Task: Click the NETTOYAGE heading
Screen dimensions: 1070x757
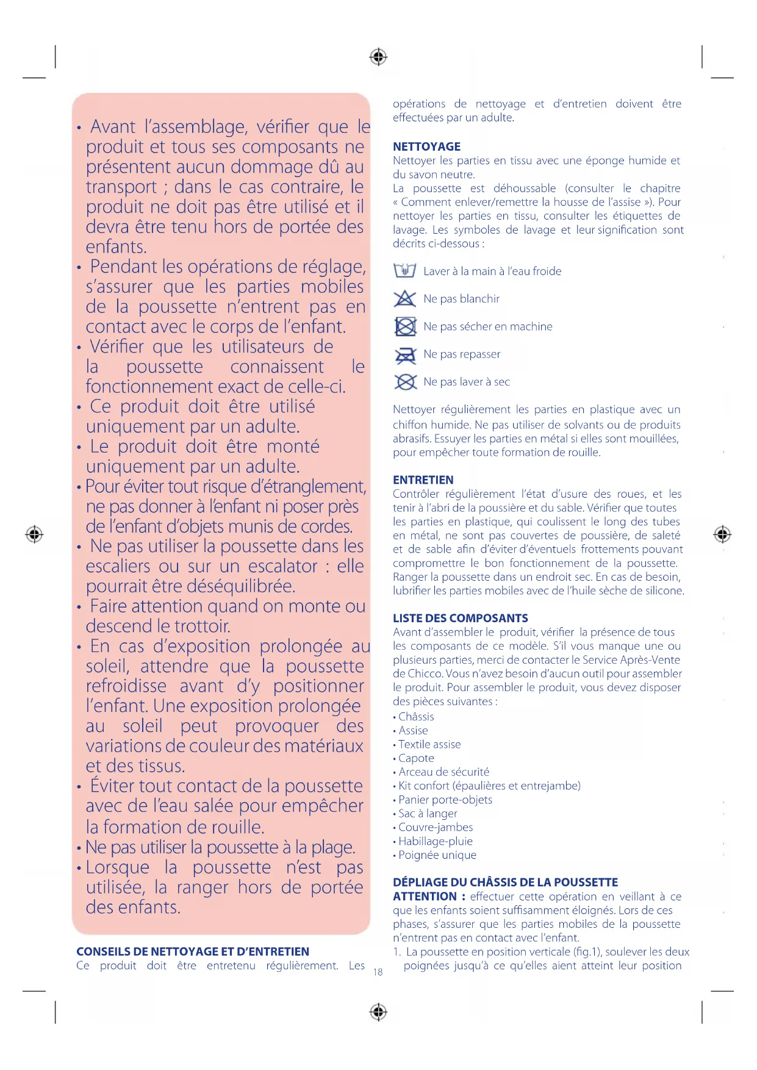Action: [x=426, y=146]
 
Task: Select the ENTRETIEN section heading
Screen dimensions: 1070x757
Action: [x=423, y=479]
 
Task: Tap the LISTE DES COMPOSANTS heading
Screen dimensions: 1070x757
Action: [x=460, y=618]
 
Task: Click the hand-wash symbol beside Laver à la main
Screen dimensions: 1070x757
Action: [x=404, y=270]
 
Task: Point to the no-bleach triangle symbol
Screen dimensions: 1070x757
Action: [x=404, y=298]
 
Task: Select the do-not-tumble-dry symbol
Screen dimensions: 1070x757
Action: [x=404, y=326]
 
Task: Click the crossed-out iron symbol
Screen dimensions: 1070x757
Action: [x=404, y=354]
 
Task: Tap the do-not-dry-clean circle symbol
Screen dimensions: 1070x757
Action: [x=404, y=382]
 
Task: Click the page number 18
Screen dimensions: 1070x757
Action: [x=378, y=972]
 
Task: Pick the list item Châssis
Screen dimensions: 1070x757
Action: [x=416, y=717]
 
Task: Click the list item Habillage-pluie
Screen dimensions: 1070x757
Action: [x=435, y=841]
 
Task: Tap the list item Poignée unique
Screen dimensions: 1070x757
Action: [x=437, y=855]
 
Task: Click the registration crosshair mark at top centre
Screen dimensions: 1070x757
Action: [x=378, y=57]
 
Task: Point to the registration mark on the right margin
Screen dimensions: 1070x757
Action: [x=722, y=534]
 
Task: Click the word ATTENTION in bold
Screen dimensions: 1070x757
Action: [x=425, y=896]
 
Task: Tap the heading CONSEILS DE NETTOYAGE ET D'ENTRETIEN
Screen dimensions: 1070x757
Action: [x=192, y=951]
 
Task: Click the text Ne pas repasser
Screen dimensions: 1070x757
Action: [x=462, y=354]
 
